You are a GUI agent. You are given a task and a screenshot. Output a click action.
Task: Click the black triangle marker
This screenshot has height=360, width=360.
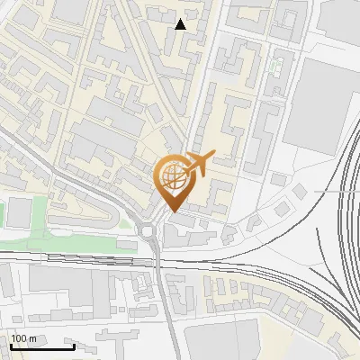pyautogui.click(x=181, y=24)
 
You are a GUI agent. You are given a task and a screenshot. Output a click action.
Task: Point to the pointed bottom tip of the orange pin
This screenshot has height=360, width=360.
pyautogui.click(x=172, y=211)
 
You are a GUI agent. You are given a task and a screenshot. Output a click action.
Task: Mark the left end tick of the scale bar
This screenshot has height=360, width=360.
pyautogui.click(x=11, y=346)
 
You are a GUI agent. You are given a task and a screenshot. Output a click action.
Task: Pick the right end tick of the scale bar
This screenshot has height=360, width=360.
pyautogui.click(x=74, y=346)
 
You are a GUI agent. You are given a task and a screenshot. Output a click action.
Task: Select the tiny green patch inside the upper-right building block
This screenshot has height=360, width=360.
pyautogui.click(x=275, y=65)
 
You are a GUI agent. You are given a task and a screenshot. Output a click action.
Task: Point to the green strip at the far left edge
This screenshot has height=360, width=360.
pyautogui.click(x=3, y=214)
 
